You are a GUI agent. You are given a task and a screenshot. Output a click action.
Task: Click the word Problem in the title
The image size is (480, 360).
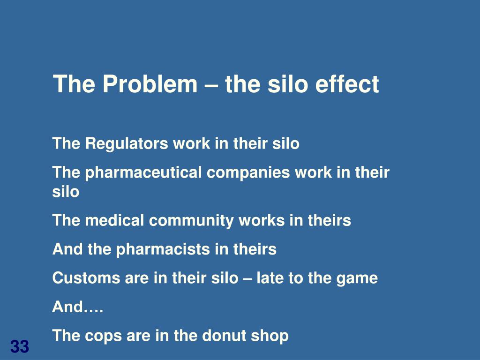tap(150, 84)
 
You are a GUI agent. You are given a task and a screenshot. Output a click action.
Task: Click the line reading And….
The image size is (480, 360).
tap(78, 307)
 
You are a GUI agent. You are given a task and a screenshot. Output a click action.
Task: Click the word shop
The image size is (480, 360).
tap(270, 336)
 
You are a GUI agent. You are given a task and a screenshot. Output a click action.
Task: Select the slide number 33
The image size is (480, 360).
tap(20, 347)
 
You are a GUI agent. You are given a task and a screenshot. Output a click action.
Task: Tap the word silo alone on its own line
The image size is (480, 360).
tap(66, 192)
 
